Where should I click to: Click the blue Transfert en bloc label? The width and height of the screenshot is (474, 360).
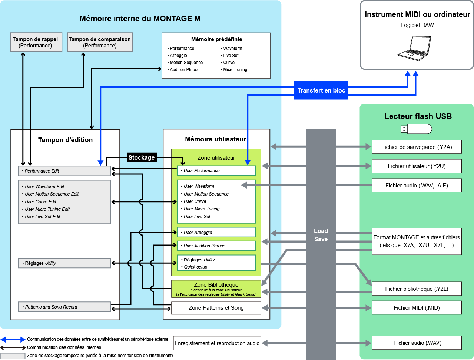[x=321, y=90]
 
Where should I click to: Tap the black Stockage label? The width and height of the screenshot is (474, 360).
[x=141, y=157]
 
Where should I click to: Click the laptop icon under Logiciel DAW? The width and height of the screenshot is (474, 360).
[x=414, y=48]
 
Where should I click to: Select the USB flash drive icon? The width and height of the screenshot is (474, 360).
[x=416, y=129]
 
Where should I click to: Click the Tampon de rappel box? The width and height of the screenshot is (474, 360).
[x=35, y=42]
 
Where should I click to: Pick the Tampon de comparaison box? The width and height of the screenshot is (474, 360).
[x=100, y=42]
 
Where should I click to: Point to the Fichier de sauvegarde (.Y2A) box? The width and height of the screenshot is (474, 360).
[x=417, y=147]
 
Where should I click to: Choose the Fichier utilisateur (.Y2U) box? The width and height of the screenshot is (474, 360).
[x=417, y=166]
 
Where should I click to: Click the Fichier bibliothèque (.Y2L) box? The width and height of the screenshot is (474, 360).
[x=417, y=289]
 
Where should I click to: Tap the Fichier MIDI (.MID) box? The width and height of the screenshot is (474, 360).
[x=417, y=307]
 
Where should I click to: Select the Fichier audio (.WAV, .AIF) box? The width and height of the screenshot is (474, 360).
[x=417, y=185]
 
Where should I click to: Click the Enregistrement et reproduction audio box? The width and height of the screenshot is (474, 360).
[x=217, y=343]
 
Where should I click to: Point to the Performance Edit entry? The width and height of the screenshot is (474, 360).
[x=64, y=171]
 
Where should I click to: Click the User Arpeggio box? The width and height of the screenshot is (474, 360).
[x=216, y=232]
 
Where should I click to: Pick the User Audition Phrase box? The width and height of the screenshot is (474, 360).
[x=216, y=246]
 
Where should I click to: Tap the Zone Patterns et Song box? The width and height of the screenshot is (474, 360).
[x=216, y=307]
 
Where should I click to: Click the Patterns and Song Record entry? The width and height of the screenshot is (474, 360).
[x=64, y=307]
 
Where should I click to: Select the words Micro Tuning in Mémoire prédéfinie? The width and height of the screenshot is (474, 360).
[x=235, y=70]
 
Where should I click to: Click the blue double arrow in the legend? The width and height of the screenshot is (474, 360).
[x=13, y=339]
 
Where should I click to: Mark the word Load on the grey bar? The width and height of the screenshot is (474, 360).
[x=321, y=231]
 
